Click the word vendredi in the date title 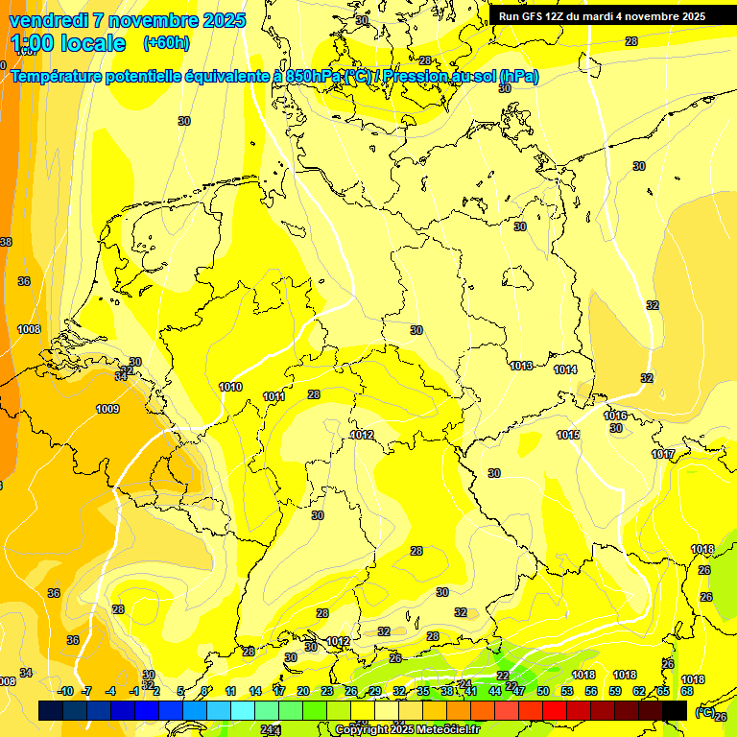(49, 20)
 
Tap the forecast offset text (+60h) (166, 43)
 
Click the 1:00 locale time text (68, 43)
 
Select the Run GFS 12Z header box (602, 16)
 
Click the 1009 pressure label (107, 410)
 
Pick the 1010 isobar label (230, 388)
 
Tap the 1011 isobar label (273, 396)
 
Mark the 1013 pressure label (522, 366)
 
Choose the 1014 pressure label (565, 369)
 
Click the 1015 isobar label (568, 435)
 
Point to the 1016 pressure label (615, 416)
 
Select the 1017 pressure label (662, 454)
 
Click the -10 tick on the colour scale (65, 691)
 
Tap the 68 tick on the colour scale (687, 691)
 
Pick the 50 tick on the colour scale (543, 691)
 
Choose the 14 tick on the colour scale (255, 691)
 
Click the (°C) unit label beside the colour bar (704, 711)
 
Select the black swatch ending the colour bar (675, 710)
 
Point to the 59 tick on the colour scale (615, 691)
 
